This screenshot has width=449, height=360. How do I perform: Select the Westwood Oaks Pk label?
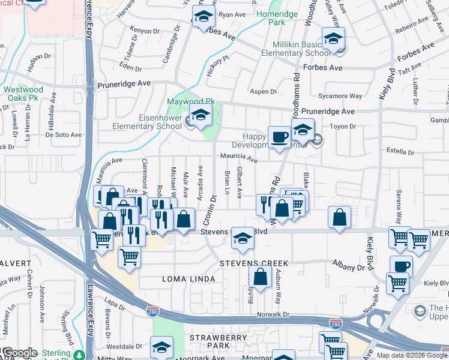pyautogui.click(x=23, y=94)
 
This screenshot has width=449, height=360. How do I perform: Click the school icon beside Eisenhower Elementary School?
pyautogui.click(x=202, y=118)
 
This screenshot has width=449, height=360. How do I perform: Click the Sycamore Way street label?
pyautogui.click(x=340, y=95)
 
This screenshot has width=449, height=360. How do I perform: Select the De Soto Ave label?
pyautogui.click(x=63, y=134)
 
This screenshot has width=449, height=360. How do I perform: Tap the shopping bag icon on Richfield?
pyautogui.click(x=261, y=278)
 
